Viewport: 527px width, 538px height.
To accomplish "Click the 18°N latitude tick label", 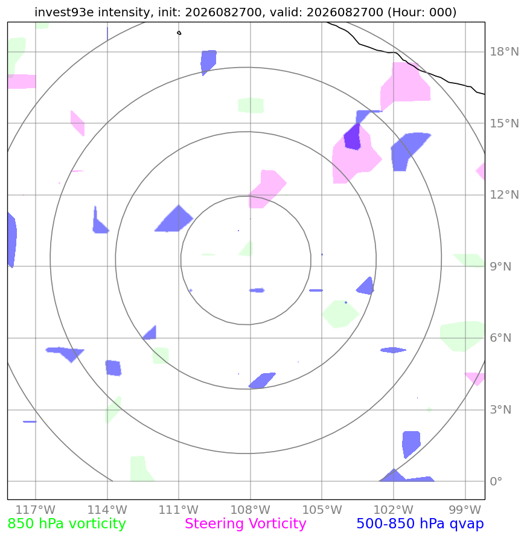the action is click(504, 52).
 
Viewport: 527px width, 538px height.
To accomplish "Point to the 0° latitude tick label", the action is click(496, 481).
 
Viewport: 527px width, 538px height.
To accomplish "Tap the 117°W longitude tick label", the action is click(36, 510).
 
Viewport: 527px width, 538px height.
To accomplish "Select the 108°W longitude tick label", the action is click(250, 510).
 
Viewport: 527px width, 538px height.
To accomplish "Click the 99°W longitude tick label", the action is click(465, 510).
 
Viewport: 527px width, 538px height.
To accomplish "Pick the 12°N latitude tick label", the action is click(504, 195).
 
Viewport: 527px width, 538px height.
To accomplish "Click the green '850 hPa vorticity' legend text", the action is click(66, 524).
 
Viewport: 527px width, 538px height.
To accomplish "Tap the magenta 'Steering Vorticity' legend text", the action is click(245, 524).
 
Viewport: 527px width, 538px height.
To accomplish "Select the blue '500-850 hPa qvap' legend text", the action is click(420, 524).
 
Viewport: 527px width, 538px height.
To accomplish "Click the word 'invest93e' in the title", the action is click(65, 12).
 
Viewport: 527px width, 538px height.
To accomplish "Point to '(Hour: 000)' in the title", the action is click(422, 12).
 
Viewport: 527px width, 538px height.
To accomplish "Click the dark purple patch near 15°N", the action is click(353, 137).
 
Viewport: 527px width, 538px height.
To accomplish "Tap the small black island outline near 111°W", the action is click(179, 33).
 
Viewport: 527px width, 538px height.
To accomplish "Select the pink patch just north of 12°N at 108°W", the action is click(267, 189).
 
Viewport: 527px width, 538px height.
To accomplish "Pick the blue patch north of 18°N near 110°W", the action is click(208, 62).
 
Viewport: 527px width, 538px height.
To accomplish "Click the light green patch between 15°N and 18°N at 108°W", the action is click(251, 105).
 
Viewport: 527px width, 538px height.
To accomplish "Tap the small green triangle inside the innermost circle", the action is click(247, 249).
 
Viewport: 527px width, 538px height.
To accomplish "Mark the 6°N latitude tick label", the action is click(500, 338).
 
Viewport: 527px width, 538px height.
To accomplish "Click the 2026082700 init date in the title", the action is click(223, 12).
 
